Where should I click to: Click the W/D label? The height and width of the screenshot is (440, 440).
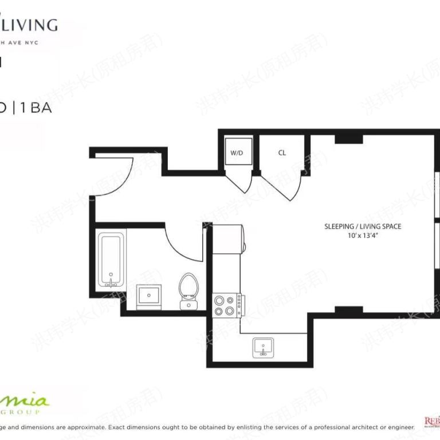tap(236, 153)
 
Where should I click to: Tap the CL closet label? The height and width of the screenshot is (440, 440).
tap(282, 153)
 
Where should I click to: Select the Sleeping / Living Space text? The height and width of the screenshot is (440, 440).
tap(363, 226)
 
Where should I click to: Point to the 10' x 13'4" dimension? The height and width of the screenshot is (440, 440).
tap(363, 235)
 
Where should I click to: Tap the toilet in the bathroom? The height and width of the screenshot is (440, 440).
tap(187, 289)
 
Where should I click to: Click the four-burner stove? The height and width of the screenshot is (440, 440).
tap(227, 305)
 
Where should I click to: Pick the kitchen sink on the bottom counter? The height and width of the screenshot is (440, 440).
tap(263, 347)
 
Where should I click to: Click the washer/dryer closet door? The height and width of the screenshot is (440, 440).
tap(239, 180)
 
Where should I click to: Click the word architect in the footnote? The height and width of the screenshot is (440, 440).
tap(339, 427)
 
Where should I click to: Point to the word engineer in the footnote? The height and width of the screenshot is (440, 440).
tap(395, 427)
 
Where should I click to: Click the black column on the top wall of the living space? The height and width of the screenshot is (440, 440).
tap(348, 139)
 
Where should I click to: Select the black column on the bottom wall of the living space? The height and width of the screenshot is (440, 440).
tap(348, 311)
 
